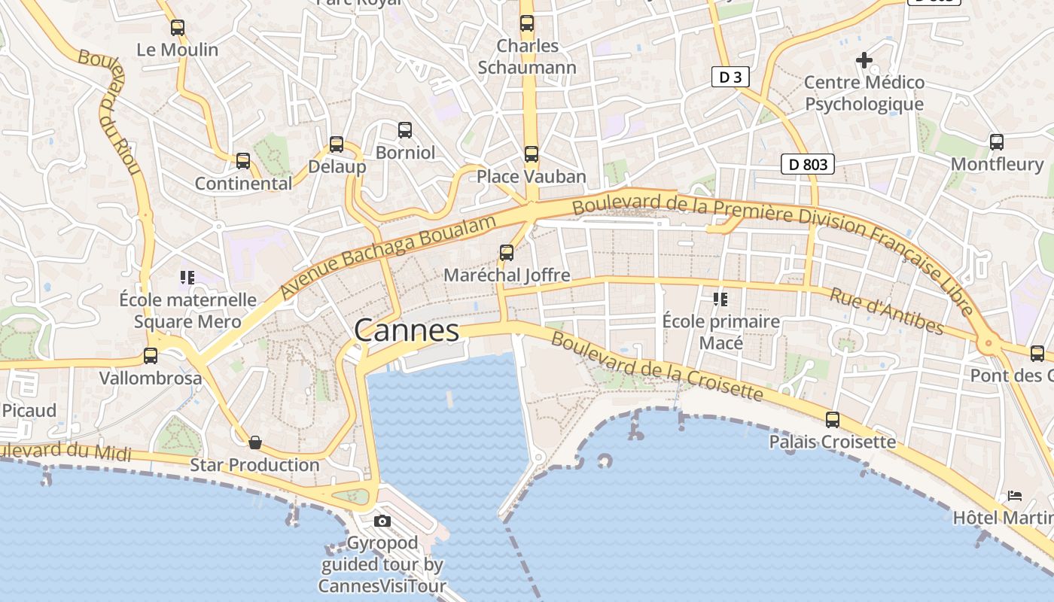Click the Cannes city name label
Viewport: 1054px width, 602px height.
407,330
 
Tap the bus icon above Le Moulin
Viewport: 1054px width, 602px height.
178,28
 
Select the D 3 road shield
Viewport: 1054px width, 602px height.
730,77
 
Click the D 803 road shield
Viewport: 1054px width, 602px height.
808,164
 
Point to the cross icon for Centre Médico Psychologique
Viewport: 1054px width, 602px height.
864,59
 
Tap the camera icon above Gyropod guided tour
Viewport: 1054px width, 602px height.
382,521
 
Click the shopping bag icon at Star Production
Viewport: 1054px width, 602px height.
255,442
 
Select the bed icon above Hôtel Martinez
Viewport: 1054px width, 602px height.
1015,496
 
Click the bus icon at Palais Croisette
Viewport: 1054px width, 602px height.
833,420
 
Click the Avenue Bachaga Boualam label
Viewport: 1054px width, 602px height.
388,257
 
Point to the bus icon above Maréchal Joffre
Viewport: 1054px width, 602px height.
507,253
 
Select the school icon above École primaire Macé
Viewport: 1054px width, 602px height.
720,299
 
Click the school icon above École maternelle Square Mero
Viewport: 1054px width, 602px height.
187,278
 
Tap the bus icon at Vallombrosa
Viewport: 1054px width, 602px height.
151,356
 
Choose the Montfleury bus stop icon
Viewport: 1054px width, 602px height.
997,141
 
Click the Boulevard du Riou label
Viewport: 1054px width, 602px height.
111,113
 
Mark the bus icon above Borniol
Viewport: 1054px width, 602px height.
405,130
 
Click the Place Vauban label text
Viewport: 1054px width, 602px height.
532,177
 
